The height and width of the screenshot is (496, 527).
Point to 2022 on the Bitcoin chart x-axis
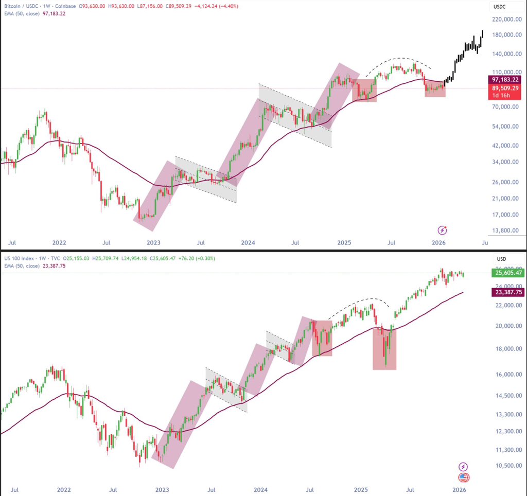[59, 242]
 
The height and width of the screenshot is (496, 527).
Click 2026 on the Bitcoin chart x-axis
[438, 242]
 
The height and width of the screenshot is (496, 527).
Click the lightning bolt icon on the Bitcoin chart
[442, 230]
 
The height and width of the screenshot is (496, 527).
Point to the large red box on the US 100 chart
[384, 350]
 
